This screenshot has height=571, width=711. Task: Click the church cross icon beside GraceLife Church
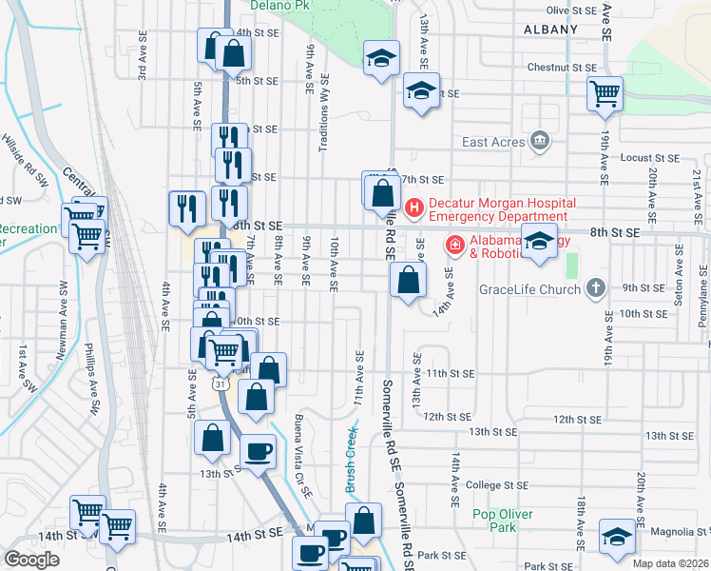(x=595, y=286)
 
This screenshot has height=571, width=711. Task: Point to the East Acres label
(x=493, y=143)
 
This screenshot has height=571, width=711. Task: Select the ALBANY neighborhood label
(x=549, y=30)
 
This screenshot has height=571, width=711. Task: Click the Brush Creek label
(x=351, y=458)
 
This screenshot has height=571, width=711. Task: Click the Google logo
(x=31, y=560)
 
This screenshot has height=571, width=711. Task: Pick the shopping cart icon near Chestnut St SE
(x=605, y=93)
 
